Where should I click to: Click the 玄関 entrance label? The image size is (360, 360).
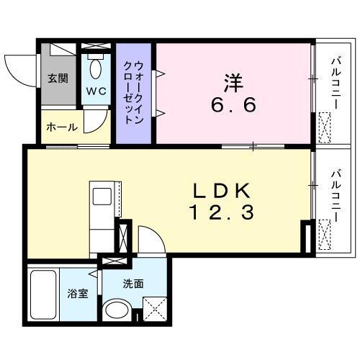(58, 78)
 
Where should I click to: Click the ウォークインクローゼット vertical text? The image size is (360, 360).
(134, 91)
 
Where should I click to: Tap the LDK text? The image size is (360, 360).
(222, 191)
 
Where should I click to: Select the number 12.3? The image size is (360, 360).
(222, 212)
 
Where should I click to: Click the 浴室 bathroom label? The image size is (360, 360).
(77, 294)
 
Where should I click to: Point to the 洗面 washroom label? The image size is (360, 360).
(133, 284)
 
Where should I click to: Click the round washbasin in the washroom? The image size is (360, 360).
(114, 312)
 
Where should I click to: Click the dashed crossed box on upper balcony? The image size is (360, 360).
(325, 129)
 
